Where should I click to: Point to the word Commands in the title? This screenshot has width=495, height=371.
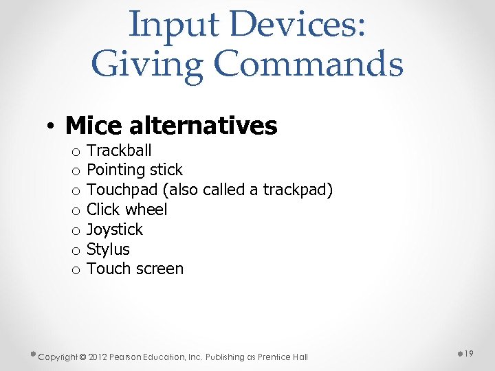(309, 65)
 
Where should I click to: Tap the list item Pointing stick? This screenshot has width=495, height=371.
(135, 170)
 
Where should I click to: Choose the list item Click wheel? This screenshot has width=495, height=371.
(127, 210)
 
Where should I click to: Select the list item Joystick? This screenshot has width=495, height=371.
(115, 229)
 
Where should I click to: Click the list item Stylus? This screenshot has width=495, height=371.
(108, 249)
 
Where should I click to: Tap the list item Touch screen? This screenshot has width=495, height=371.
(135, 269)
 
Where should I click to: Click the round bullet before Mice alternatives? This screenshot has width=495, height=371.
(51, 127)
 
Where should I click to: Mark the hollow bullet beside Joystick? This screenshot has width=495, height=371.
(75, 231)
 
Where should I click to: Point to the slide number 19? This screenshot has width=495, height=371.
(470, 353)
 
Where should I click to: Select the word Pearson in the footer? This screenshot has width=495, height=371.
(129, 357)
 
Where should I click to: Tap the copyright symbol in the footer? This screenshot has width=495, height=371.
(82, 357)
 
